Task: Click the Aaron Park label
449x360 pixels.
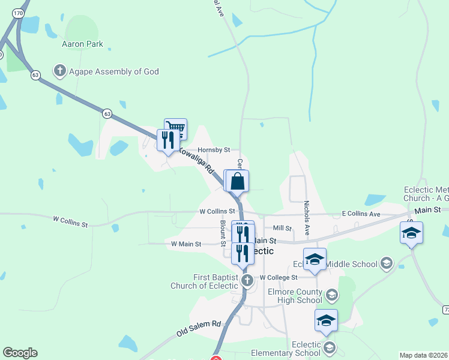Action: pyautogui.click(x=82, y=44)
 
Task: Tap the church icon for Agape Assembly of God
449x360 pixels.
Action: pyautogui.click(x=59, y=71)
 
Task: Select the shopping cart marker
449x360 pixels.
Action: pyautogui.click(x=176, y=127)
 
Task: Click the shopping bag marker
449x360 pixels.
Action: pyautogui.click(x=238, y=181)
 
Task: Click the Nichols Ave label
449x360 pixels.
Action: pyautogui.click(x=306, y=217)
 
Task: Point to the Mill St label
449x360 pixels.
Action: pyautogui.click(x=282, y=228)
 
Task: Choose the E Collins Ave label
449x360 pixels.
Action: pyautogui.click(x=361, y=214)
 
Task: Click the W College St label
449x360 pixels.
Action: pyautogui.click(x=279, y=278)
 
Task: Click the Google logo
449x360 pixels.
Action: pyautogui.click(x=20, y=353)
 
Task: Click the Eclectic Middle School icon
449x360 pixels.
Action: pyautogui.click(x=387, y=263)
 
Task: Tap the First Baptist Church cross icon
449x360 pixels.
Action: pyautogui.click(x=247, y=280)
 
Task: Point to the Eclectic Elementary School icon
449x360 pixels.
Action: pyautogui.click(x=329, y=347)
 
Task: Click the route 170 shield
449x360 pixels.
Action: pyautogui.click(x=19, y=12)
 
